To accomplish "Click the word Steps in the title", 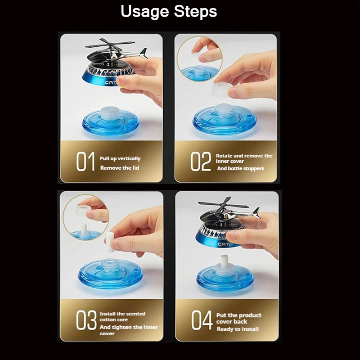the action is point(195,11).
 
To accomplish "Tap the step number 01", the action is point(85,161).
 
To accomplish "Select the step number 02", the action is point(200,161).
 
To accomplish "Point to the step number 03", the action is point(86,320).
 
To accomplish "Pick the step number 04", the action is point(202,320).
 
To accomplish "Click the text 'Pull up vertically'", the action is point(120,159).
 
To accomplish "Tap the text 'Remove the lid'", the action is point(120,168).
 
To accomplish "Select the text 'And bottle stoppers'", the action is point(241,168).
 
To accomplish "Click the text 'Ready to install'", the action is point(238,329).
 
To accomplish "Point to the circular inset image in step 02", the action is point(200,59).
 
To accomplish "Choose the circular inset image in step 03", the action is point(86,217).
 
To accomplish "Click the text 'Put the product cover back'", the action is point(239,319).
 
